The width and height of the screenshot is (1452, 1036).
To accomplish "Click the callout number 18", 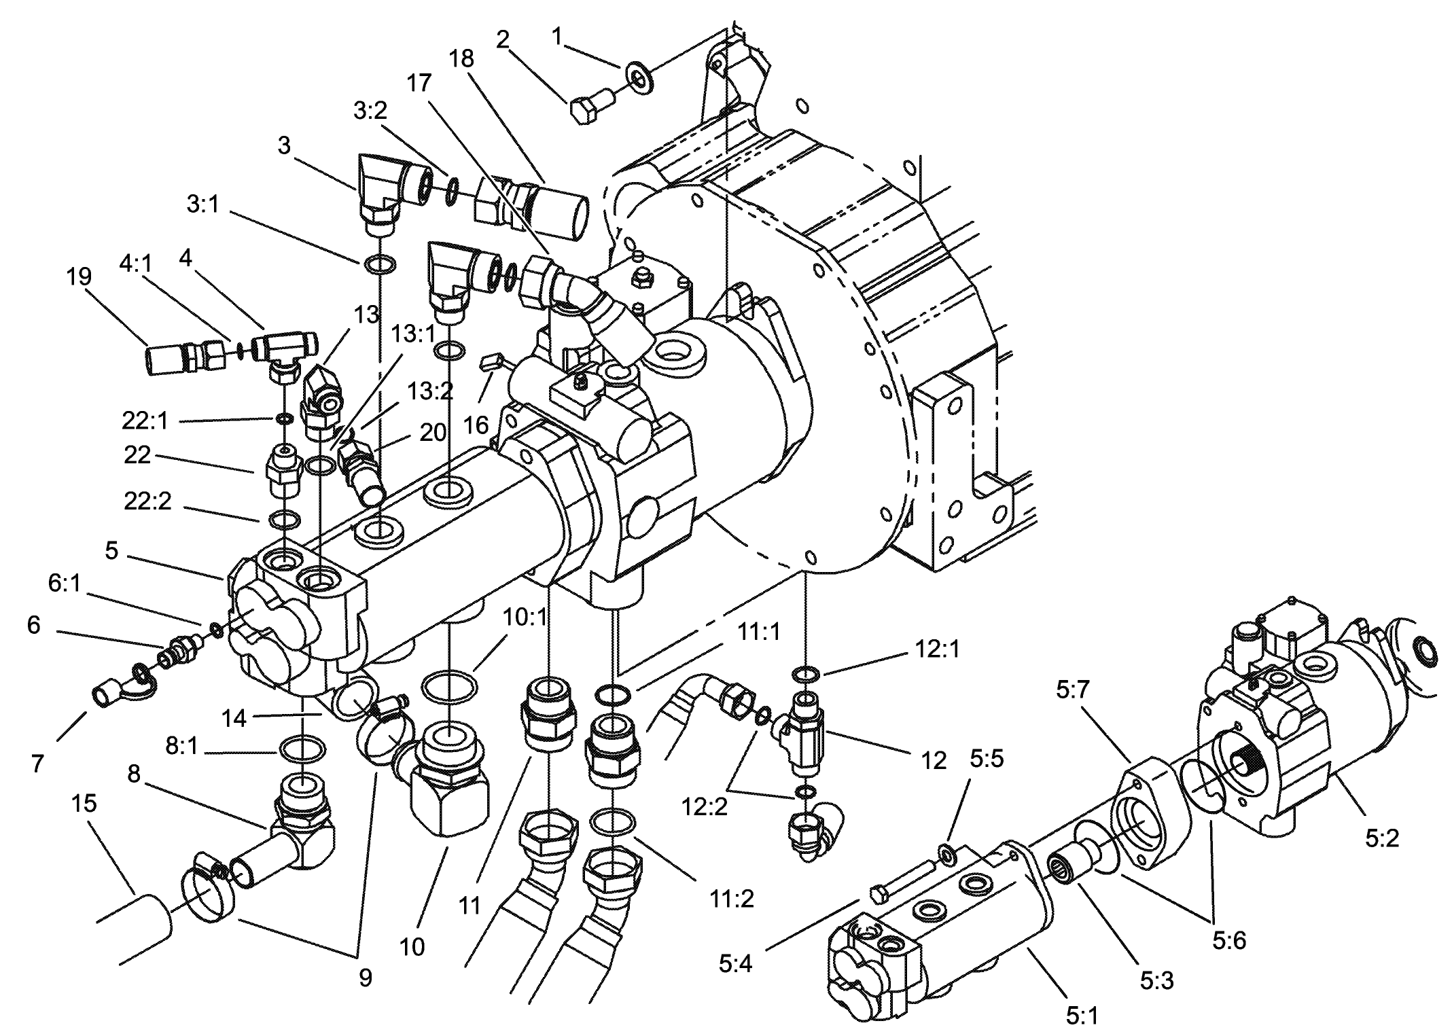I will pos(461,59).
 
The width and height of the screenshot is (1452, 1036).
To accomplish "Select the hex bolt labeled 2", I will pos(588,109).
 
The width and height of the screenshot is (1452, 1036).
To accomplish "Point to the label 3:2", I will pos(370,110).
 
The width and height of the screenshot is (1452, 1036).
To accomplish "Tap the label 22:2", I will pos(147,501).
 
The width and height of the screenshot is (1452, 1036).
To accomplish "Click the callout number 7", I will pos(37,763).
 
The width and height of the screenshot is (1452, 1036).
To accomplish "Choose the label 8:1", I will pos(181,746).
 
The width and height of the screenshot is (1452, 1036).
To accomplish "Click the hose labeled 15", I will pos(139,926).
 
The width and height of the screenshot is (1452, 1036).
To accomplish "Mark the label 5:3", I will pos(1156,980).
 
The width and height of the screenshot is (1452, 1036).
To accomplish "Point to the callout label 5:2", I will pos(1381,839).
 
